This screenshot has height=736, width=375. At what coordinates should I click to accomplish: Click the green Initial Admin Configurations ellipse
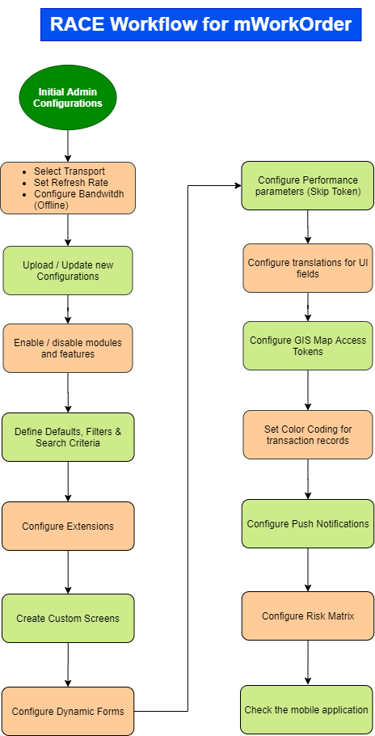[68, 98]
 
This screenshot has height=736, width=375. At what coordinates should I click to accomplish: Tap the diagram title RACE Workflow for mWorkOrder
[200, 24]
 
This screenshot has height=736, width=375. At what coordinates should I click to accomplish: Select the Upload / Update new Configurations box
[68, 271]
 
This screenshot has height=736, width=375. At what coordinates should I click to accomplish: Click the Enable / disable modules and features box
[68, 349]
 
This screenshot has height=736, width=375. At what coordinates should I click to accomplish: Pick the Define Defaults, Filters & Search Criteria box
[68, 437]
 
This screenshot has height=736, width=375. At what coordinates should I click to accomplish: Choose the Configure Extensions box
[68, 526]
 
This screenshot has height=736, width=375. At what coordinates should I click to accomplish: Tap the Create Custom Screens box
[68, 618]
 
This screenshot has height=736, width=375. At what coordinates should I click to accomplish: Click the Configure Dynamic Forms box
[68, 711]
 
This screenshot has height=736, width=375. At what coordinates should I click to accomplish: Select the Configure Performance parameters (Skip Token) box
[307, 186]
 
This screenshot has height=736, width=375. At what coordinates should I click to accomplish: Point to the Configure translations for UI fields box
[307, 268]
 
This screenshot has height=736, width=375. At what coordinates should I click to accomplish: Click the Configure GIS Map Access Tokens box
[307, 345]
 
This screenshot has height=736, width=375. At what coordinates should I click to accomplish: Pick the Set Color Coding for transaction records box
[307, 434]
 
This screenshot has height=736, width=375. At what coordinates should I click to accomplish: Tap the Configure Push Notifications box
[307, 523]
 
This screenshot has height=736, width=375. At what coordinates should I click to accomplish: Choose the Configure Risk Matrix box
[307, 615]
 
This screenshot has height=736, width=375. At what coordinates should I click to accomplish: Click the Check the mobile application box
[306, 710]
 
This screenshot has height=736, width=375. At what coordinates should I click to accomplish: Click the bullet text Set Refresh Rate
[71, 183]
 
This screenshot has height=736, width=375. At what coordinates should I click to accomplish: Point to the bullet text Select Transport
[70, 171]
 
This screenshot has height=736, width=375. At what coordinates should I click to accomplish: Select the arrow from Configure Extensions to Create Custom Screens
[68, 572]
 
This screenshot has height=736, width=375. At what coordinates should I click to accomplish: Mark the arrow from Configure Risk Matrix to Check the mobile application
[307, 662]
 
